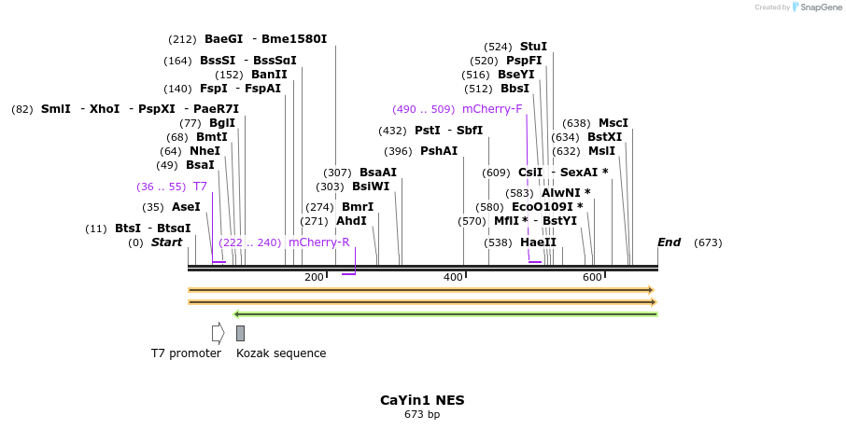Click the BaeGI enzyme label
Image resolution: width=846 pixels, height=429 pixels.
tap(223, 39)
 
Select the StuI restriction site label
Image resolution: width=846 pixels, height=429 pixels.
tap(533, 47)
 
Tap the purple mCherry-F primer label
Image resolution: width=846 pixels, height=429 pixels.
tap(492, 109)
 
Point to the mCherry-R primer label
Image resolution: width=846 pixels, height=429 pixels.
tap(318, 242)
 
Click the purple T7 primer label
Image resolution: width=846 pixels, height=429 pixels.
tap(200, 187)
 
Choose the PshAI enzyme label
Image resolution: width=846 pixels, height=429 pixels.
tap(439, 151)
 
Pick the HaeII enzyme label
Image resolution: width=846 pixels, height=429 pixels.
tap(538, 242)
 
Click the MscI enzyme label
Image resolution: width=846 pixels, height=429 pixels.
tap(613, 123)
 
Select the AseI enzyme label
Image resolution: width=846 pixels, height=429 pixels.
tap(186, 207)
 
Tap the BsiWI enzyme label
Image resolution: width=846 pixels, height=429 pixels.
tap(371, 187)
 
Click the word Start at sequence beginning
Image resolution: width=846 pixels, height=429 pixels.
tap(166, 242)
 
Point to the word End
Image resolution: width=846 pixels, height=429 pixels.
tap(669, 242)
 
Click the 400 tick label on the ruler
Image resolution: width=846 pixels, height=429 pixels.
tap(453, 277)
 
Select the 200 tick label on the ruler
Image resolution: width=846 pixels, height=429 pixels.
tap(314, 277)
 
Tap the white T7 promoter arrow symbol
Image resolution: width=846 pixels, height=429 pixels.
tap(218, 333)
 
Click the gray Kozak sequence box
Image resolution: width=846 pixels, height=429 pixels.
tap(240, 333)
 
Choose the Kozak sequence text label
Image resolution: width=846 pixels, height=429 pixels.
tap(281, 353)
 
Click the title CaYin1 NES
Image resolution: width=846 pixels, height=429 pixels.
tap(422, 400)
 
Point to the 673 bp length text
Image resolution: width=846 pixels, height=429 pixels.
tap(422, 414)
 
